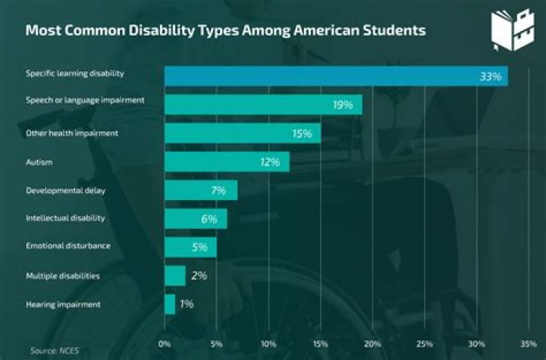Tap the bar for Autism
227,161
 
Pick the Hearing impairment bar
170,304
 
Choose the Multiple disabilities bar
175,275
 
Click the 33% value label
490,77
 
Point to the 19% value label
343,105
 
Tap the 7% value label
218,190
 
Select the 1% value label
187,304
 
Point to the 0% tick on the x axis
165,343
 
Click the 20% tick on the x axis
372,343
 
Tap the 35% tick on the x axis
529,343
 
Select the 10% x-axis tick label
268,343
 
